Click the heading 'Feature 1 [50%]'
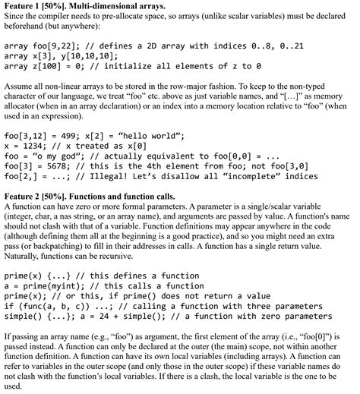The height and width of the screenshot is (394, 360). pos(36,5)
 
